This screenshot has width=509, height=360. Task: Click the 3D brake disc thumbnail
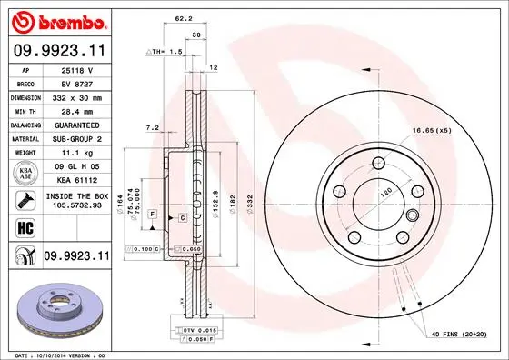[55, 306]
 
